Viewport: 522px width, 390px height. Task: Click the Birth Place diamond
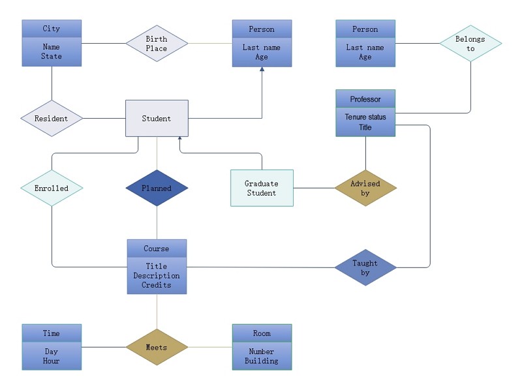[x=157, y=43]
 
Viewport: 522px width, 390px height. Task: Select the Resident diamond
[x=52, y=119]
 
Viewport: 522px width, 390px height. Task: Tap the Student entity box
[x=157, y=119]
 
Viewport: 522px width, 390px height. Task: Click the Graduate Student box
[x=262, y=188]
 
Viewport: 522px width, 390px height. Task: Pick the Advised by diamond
[x=365, y=188]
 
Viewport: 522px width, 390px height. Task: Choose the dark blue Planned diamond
[x=157, y=188]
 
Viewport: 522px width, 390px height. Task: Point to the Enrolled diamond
[x=52, y=188]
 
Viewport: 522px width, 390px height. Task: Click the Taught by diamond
[x=365, y=267]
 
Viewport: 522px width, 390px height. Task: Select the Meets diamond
[x=157, y=347]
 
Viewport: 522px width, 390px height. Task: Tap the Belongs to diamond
[x=470, y=43]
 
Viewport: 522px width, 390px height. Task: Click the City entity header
[x=52, y=29]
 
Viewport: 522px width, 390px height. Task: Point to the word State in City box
[x=52, y=56]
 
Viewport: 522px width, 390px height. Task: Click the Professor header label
[x=365, y=99]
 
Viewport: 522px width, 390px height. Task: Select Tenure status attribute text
[x=365, y=117]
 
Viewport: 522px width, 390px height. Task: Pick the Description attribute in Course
[x=157, y=275]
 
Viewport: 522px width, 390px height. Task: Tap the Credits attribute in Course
[x=157, y=285]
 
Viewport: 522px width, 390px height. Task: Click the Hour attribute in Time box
[x=52, y=361]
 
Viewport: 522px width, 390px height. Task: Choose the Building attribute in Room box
[x=262, y=361]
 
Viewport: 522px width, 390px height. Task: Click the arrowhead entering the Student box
[x=180, y=138]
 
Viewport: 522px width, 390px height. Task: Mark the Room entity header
[x=262, y=333]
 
